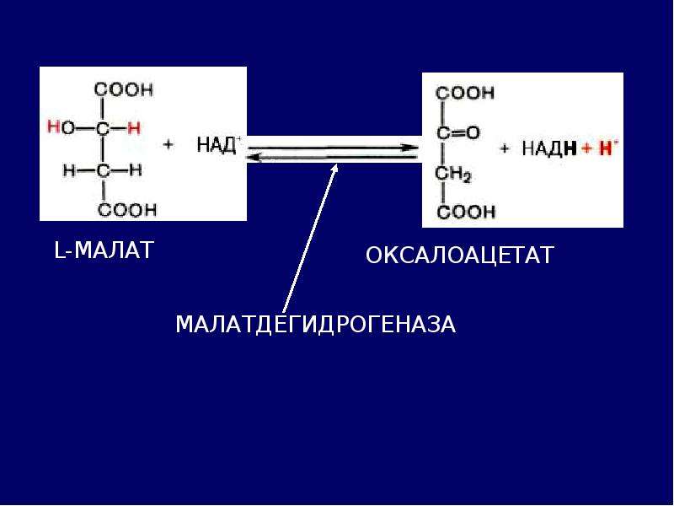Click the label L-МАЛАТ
[x=104, y=250]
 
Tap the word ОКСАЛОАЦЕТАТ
[x=459, y=255]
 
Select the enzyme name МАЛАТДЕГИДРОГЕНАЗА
[x=315, y=324]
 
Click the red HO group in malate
[x=61, y=128]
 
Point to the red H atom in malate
[x=134, y=128]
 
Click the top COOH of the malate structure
[x=123, y=90]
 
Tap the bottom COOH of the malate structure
[x=127, y=210]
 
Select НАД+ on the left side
[x=219, y=144]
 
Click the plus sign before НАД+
[x=168, y=144]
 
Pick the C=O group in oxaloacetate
[x=457, y=133]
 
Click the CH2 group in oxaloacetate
[x=453, y=175]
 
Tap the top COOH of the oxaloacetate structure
[x=465, y=93]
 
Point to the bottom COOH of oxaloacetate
[x=467, y=213]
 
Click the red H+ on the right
[x=607, y=148]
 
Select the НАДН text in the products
[x=549, y=148]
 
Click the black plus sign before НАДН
[x=504, y=149]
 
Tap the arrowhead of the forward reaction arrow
[x=412, y=148]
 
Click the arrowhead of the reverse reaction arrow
[x=254, y=158]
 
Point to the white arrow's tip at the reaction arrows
[x=336, y=164]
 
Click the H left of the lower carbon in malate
[x=69, y=171]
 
